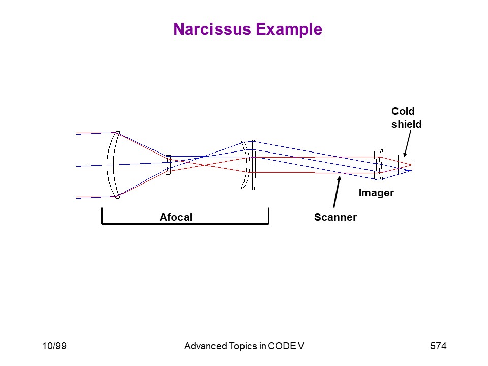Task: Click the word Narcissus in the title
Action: click(x=212, y=29)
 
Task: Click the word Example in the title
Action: click(x=289, y=30)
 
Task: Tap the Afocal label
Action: click(x=176, y=217)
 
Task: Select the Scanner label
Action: click(x=335, y=217)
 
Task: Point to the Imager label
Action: click(x=376, y=193)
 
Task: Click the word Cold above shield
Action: click(x=403, y=111)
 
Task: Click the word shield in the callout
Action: click(x=407, y=124)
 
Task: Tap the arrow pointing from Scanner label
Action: click(x=337, y=192)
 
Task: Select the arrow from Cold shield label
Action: click(x=407, y=143)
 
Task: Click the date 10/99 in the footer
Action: click(x=54, y=346)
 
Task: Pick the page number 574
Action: click(x=438, y=346)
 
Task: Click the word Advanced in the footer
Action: click(x=205, y=346)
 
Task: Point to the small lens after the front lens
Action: click(x=168, y=165)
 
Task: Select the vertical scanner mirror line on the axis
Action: click(x=342, y=165)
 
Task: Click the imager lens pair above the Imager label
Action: click(x=378, y=165)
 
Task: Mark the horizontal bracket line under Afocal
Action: click(x=185, y=224)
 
